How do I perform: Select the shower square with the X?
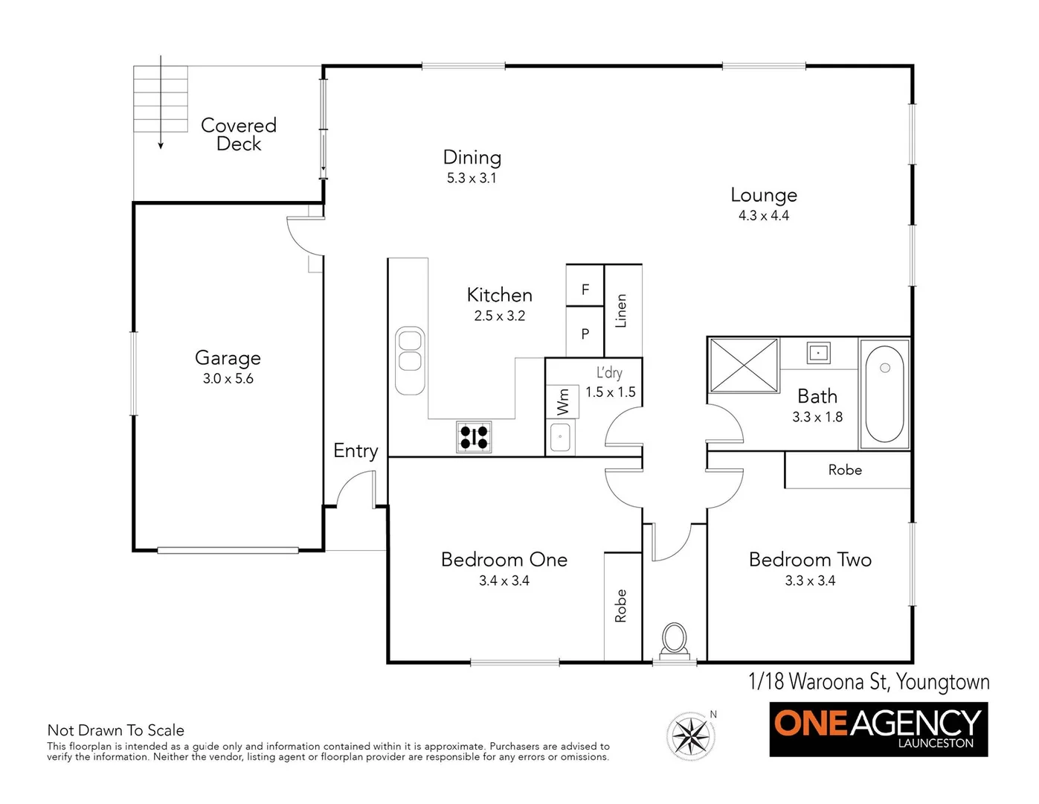click(743, 365)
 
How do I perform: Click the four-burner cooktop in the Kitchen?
click(474, 437)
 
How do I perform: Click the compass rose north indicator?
click(692, 736)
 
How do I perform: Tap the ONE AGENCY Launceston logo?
click(878, 729)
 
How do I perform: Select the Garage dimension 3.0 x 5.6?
click(228, 379)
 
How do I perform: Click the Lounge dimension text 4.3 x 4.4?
click(763, 216)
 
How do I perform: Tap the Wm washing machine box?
click(562, 402)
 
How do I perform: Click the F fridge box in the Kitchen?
click(585, 290)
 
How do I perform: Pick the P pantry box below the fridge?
click(585, 334)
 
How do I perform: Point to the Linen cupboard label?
click(622, 310)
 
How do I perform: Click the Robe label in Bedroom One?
click(621, 605)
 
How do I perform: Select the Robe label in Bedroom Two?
click(845, 470)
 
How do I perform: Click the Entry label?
click(356, 451)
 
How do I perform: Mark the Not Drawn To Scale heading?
click(116, 730)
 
